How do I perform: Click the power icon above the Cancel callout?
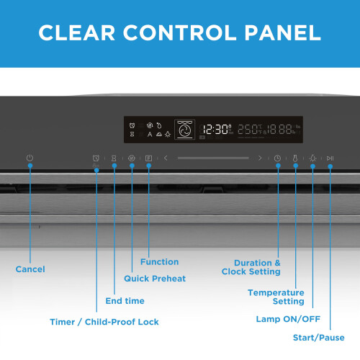point(30,158)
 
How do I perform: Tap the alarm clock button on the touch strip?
point(96,158)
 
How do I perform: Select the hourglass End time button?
point(114,158)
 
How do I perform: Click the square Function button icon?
point(149,158)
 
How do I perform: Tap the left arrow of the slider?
point(166,158)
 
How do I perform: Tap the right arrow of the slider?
point(260,158)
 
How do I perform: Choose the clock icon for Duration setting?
point(277,158)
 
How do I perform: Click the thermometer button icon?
point(295,158)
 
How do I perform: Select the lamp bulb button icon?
point(313,158)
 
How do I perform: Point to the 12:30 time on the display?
point(215,130)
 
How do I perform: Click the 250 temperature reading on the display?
point(248,130)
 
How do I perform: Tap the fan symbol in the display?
point(184,130)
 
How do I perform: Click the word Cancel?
point(30,269)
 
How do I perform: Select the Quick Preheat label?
point(155,279)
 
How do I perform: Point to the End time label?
point(125,301)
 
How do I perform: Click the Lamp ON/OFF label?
point(288,319)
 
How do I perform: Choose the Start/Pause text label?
point(319,338)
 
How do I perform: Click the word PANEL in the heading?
point(282,32)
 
